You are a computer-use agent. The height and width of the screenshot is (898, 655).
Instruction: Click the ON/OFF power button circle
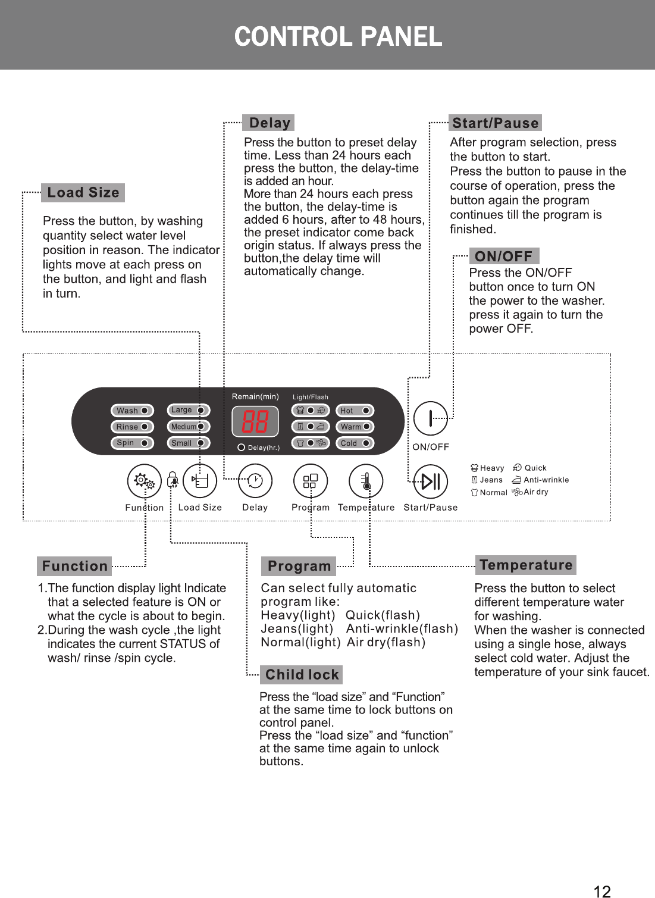pyautogui.click(x=430, y=418)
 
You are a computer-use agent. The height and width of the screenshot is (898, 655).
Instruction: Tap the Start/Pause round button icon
pyautogui.click(x=431, y=481)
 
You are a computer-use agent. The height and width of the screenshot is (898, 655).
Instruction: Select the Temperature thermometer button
pyautogui.click(x=366, y=481)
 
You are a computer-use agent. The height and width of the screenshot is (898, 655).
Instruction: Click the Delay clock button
pyautogui.click(x=255, y=481)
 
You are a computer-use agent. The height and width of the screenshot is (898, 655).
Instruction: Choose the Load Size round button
pyautogui.click(x=200, y=481)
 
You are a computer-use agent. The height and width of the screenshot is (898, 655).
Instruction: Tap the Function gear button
pyautogui.click(x=145, y=481)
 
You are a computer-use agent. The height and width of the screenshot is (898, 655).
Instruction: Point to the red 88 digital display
pyautogui.click(x=255, y=421)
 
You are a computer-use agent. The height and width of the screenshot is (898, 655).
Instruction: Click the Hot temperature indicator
pyautogui.click(x=356, y=411)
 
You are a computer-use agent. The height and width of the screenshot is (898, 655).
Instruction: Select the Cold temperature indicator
pyautogui.click(x=356, y=443)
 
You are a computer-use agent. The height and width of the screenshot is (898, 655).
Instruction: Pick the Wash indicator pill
pyautogui.click(x=132, y=411)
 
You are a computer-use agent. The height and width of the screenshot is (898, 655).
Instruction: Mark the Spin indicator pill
pyautogui.click(x=132, y=443)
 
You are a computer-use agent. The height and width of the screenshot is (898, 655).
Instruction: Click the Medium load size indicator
pyautogui.click(x=188, y=427)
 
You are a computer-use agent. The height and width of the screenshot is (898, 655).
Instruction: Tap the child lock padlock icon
pyautogui.click(x=173, y=480)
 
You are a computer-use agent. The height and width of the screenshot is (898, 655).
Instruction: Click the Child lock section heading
pyautogui.click(x=302, y=675)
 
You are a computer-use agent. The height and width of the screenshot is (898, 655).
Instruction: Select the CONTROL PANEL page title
pyautogui.click(x=338, y=36)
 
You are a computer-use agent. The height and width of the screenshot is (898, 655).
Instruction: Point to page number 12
pyautogui.click(x=602, y=891)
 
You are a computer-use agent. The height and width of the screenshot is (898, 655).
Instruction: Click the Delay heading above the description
pyautogui.click(x=269, y=123)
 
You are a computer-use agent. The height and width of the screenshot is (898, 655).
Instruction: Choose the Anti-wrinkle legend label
pyautogui.click(x=546, y=480)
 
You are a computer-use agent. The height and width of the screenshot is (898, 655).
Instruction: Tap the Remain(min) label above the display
pyautogui.click(x=255, y=396)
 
